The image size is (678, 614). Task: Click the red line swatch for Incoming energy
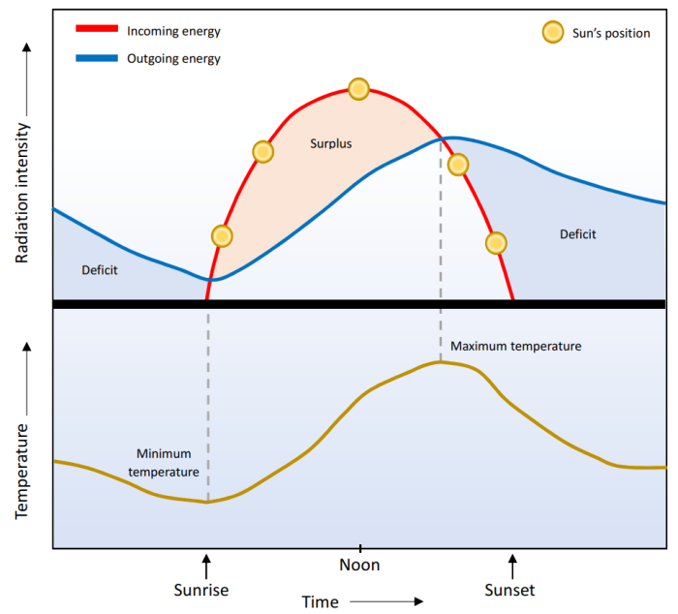tap(96, 31)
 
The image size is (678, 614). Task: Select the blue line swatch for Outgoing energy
tap(96, 59)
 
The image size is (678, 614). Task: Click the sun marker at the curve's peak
tap(358, 89)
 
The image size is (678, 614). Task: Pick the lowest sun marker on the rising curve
tap(222, 236)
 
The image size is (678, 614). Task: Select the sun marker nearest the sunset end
tap(496, 242)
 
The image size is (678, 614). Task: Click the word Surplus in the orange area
tap(331, 143)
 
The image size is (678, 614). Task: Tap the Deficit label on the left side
tap(100, 270)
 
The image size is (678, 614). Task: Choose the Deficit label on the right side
tap(578, 234)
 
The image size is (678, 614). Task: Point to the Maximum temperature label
tap(515, 346)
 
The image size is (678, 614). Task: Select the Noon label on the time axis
tap(360, 566)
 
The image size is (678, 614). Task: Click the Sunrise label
tap(205, 589)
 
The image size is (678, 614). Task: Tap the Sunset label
tap(509, 589)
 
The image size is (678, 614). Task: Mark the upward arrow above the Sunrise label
tap(205, 564)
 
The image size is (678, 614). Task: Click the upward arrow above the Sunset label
tap(513, 564)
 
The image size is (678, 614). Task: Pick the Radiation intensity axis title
tap(22, 194)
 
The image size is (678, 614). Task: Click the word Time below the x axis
tap(321, 601)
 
